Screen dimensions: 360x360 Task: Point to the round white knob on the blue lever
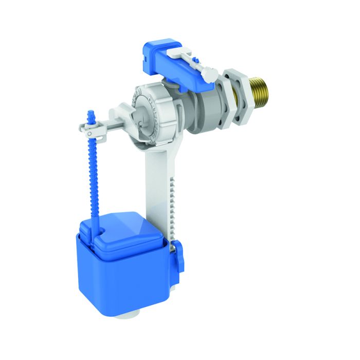coord(209,75)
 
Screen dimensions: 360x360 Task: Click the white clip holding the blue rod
coord(94,127)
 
